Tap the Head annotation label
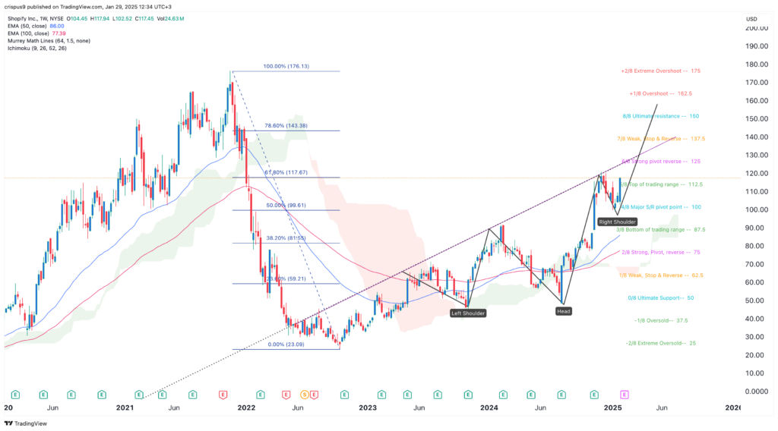[x=563, y=311]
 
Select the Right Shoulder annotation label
[x=616, y=222]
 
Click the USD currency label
[x=751, y=19]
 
